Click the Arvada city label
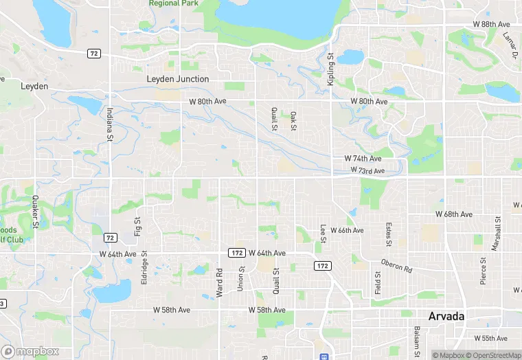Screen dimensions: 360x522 pos(446,317)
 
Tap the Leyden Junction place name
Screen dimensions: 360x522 pos(178,79)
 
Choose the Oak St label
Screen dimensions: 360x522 pos(293,121)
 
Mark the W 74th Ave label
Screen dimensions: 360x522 pos(363,159)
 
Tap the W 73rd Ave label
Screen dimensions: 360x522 pos(367,170)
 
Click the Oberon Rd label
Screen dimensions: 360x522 pos(397,265)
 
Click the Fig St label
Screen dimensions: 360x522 pos(137,226)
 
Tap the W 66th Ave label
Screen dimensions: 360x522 pos(347,230)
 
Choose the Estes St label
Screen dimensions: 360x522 pos(389,234)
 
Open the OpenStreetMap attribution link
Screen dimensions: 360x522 pos(492,355)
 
